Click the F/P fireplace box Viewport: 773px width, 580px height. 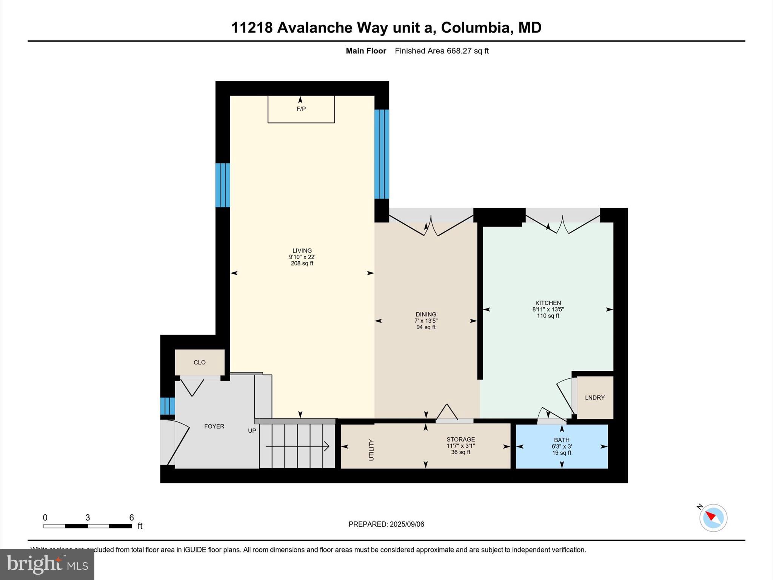pos(301,109)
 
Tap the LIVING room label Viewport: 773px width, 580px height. pos(302,250)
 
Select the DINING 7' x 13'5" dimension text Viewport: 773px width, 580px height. pos(426,321)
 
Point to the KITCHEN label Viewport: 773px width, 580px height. pos(548,303)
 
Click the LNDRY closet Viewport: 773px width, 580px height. pos(595,398)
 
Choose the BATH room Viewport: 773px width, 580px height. pos(562,446)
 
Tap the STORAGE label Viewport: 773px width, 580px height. pos(460,440)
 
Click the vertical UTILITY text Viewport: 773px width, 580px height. pos(371,450)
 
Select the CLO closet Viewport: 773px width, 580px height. pos(200,362)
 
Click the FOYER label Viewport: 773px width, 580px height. pos(214,426)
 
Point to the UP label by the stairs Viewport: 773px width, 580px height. pos(252,430)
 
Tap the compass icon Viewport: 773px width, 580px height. pos(713,518)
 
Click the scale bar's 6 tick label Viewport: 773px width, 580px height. pos(131,518)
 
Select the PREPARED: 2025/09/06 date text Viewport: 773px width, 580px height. pos(386,524)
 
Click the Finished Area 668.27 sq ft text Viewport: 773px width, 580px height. pos(442,51)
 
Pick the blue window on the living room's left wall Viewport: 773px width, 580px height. pos(223,185)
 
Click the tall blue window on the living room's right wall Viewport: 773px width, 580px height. pos(382,154)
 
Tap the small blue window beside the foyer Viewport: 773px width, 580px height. pos(167,406)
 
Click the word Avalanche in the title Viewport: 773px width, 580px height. pos(314,28)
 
